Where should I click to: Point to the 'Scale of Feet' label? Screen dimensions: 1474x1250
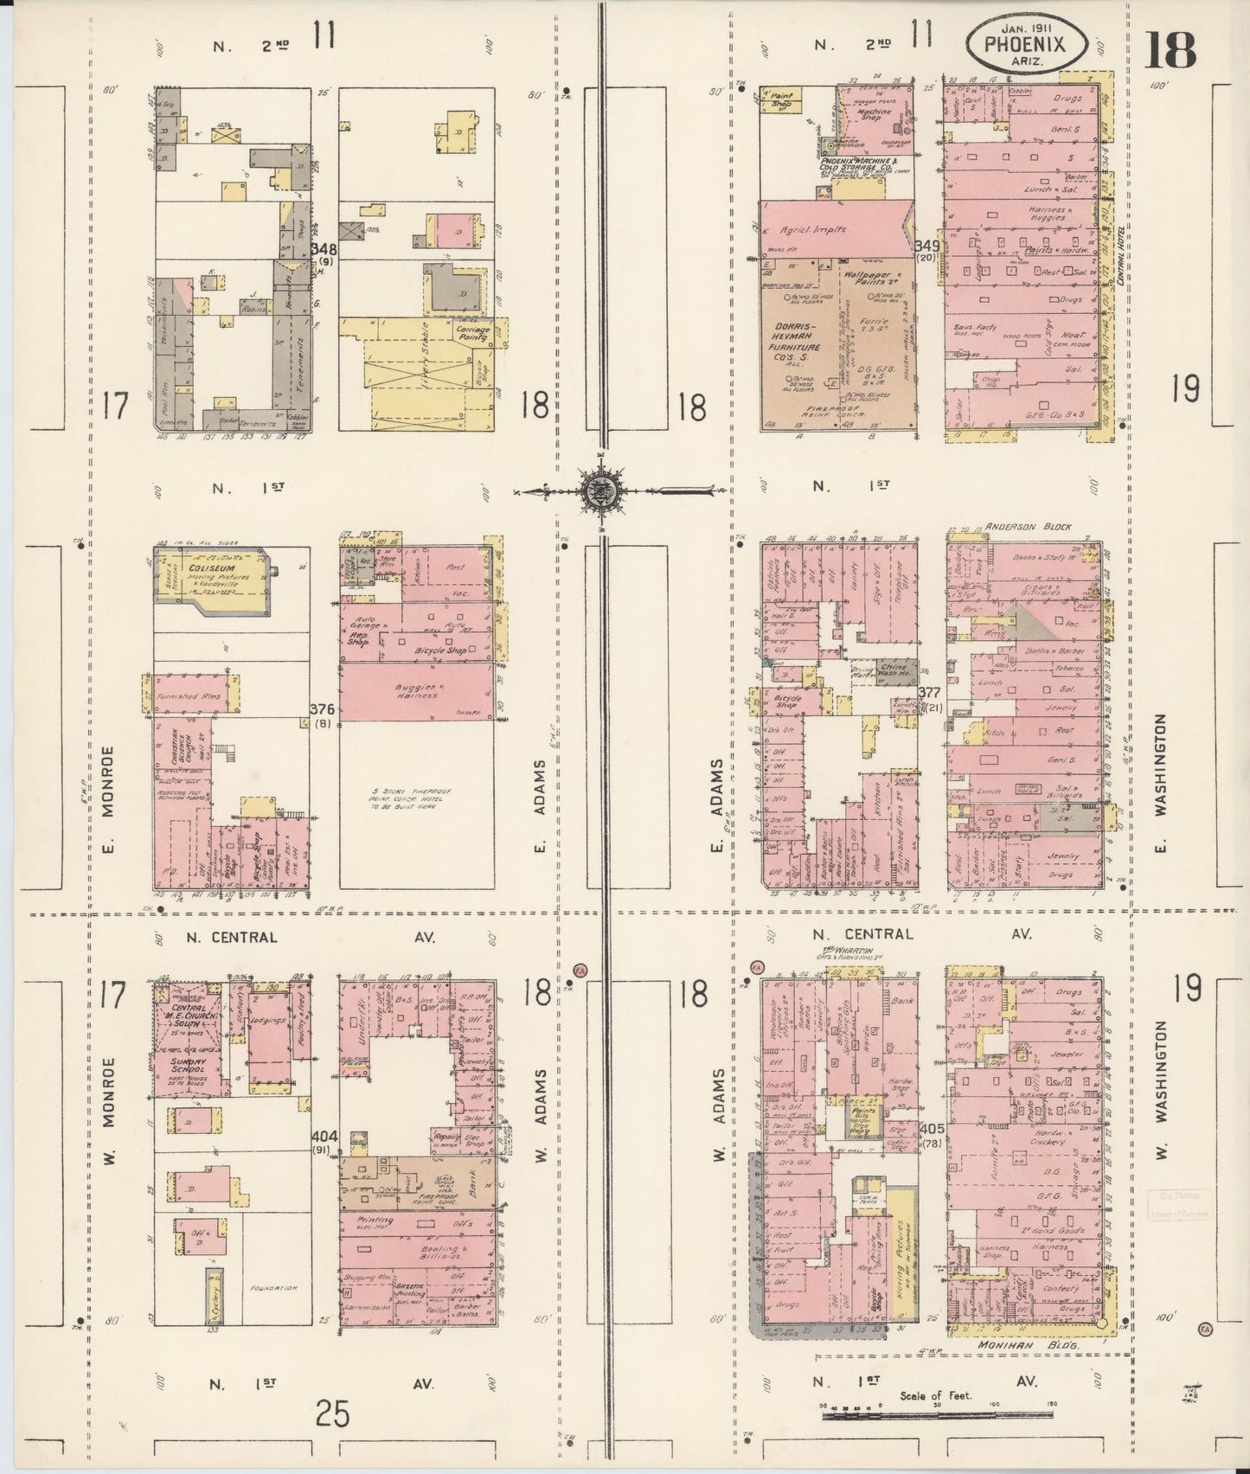936,1394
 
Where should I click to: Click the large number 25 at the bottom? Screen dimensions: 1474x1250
332,1414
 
